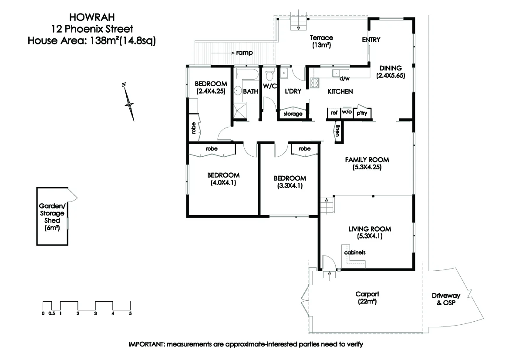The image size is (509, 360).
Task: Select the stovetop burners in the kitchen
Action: [314, 82]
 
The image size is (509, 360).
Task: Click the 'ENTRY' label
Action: [371, 40]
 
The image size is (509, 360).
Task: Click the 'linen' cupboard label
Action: [337, 131]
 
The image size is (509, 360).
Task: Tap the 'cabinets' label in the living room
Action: [354, 252]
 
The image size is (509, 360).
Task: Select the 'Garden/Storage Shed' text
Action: [52, 213]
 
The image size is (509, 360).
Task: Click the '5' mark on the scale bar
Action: [130, 313]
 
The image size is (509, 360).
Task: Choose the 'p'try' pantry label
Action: [361, 113]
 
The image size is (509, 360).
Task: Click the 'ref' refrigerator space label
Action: [334, 113]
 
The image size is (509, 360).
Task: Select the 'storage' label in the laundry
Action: [293, 114]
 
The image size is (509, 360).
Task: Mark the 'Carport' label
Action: [366, 293]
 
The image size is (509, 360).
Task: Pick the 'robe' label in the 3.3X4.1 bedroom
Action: [304, 149]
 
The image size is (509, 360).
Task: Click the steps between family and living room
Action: [327, 204]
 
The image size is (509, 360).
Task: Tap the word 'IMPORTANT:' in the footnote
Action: [145, 344]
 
